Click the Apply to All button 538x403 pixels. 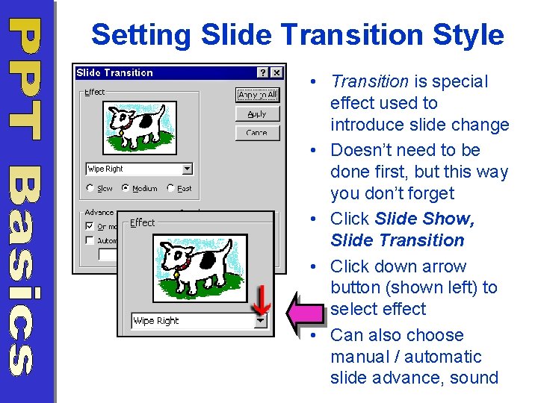click(x=257, y=95)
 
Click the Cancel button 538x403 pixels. click(x=257, y=133)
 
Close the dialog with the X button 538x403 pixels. click(x=276, y=73)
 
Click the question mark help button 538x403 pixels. click(x=263, y=73)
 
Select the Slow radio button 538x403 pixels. click(x=90, y=189)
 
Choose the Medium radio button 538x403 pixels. click(x=125, y=189)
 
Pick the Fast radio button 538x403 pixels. click(x=171, y=189)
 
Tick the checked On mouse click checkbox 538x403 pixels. click(x=90, y=226)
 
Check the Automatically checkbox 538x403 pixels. click(x=90, y=240)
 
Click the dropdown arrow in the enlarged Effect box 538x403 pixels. click(x=260, y=321)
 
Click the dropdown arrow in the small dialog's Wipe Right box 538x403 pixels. click(x=187, y=169)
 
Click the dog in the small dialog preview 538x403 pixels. click(x=138, y=124)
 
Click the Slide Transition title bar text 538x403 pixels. click(x=114, y=73)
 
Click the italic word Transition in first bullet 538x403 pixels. click(x=369, y=81)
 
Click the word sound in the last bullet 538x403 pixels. click(x=474, y=378)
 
